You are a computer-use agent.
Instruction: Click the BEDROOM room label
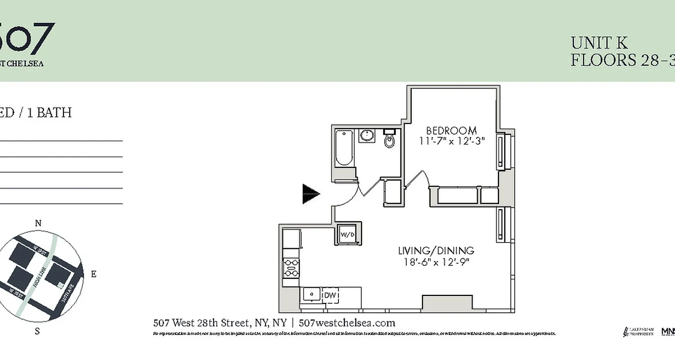451,130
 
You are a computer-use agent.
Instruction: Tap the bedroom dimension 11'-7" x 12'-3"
451,141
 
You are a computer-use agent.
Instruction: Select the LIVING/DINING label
436,251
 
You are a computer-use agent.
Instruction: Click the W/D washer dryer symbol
347,234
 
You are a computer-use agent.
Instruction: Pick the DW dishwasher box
330,295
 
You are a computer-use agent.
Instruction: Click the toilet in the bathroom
389,139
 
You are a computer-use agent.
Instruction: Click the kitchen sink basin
311,294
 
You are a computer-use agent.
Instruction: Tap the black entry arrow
310,194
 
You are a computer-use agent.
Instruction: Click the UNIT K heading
599,43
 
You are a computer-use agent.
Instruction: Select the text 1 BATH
49,112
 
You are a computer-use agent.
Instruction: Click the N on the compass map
38,224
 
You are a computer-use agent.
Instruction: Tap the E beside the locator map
94,274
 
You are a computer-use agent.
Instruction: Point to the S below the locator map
38,332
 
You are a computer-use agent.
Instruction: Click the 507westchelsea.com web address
347,323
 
